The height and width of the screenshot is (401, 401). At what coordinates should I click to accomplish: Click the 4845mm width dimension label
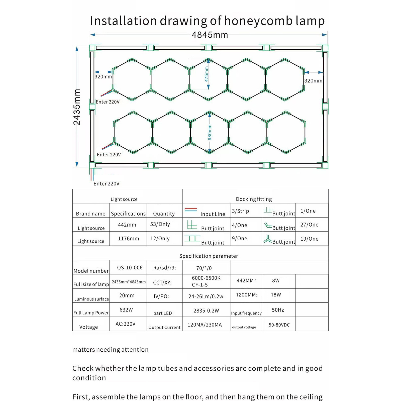click(210, 35)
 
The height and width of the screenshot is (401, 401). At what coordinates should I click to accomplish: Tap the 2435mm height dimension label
click(77, 107)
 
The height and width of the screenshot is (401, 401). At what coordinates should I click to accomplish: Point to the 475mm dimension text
click(207, 74)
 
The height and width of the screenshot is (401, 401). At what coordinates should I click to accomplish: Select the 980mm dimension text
click(210, 132)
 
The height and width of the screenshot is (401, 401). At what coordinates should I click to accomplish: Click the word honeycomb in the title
click(258, 21)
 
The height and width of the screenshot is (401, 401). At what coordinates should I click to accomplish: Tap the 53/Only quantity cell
click(160, 224)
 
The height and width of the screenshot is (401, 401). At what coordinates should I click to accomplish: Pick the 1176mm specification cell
click(128, 239)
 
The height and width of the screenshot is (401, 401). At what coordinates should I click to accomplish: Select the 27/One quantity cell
click(309, 225)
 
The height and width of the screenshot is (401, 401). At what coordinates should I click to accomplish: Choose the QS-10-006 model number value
click(130, 268)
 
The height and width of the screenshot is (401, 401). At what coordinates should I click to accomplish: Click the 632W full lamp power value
click(126, 310)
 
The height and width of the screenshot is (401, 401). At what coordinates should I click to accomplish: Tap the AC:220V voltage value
click(125, 324)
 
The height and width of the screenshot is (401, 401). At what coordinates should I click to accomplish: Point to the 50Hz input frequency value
click(278, 310)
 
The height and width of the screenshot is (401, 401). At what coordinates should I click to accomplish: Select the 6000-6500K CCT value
click(206, 278)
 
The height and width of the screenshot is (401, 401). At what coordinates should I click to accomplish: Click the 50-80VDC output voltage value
click(279, 325)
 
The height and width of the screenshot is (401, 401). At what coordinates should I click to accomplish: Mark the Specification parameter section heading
click(209, 256)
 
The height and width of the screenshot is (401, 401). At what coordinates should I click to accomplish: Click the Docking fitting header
click(254, 199)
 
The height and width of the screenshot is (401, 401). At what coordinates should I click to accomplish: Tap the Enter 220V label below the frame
click(106, 184)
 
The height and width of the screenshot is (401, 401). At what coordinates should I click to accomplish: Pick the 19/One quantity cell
click(309, 239)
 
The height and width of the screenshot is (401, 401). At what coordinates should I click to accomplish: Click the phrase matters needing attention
click(110, 350)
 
